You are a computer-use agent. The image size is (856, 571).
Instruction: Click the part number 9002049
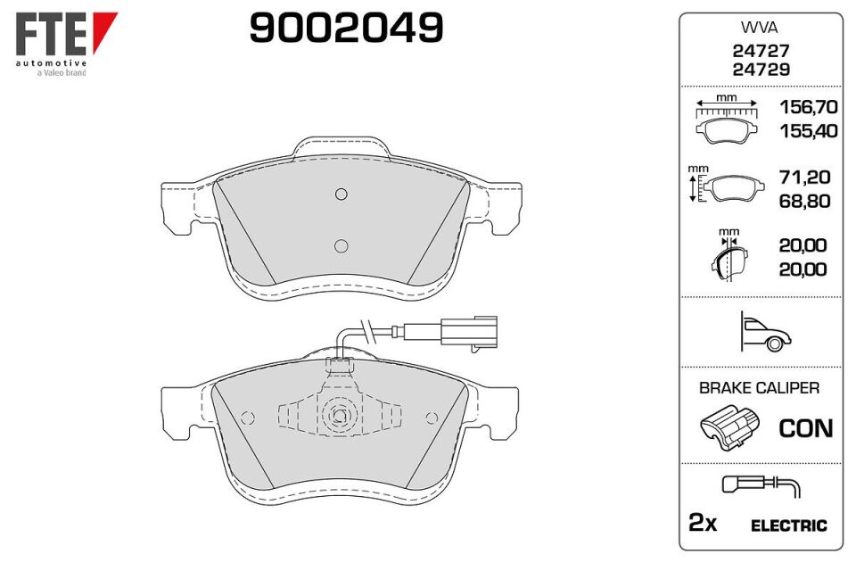346,28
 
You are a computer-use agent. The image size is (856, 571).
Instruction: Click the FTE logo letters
51,34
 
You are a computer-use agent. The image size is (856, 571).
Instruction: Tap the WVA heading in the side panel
760,27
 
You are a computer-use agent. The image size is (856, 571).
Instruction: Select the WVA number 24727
761,51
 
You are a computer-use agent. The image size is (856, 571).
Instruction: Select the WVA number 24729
761,70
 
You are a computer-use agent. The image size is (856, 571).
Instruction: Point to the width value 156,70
809,106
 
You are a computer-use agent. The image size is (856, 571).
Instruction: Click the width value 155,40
809,130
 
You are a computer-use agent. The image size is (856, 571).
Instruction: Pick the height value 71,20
804,177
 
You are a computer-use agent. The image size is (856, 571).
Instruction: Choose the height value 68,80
804,201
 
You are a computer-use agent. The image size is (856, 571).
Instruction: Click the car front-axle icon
765,331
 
